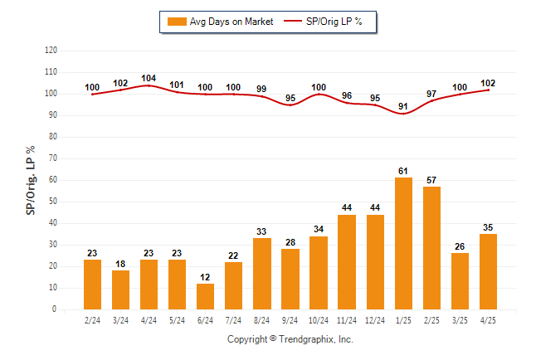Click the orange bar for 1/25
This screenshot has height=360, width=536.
point(403,243)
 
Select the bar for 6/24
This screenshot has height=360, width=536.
point(205,296)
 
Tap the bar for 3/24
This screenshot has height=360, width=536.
point(120,290)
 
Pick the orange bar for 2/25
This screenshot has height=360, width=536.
point(431,248)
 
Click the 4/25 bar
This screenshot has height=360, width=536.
point(488,271)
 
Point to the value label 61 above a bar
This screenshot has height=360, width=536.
point(403,171)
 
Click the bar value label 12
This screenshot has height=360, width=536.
point(205,277)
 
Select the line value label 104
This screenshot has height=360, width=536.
point(149,78)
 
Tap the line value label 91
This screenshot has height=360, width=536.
point(403,107)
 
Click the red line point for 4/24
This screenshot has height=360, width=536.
point(149,85)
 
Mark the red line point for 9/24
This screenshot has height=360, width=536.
point(290,105)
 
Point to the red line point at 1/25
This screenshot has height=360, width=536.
point(403,114)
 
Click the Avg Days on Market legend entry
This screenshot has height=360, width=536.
point(220,22)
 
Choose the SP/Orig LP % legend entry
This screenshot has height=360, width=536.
point(323,22)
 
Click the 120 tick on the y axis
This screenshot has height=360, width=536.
point(51,51)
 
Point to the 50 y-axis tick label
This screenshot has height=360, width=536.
point(52,202)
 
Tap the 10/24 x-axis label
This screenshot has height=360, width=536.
point(319,320)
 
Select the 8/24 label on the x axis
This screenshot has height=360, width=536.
point(261,320)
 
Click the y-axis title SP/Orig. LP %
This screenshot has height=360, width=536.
point(31,180)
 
